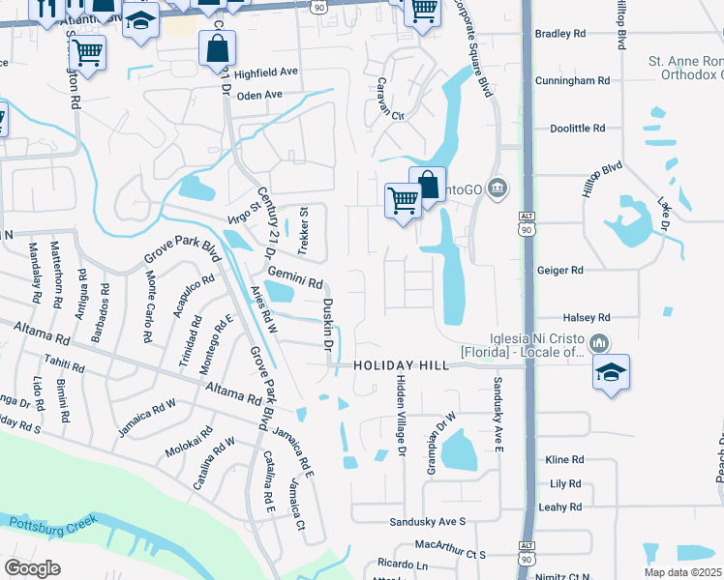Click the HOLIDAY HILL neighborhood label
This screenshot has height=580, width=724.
[401, 366]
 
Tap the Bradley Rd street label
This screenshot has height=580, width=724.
[560, 34]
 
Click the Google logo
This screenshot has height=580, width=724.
[31, 567]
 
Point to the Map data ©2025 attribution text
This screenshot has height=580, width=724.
[683, 572]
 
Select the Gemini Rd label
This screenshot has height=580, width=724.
[294, 278]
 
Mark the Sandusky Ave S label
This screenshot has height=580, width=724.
[427, 522]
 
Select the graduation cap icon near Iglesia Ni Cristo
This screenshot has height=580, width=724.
[611, 372]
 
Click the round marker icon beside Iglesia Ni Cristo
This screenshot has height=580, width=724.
[599, 342]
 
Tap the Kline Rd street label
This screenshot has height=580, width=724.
[564, 460]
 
